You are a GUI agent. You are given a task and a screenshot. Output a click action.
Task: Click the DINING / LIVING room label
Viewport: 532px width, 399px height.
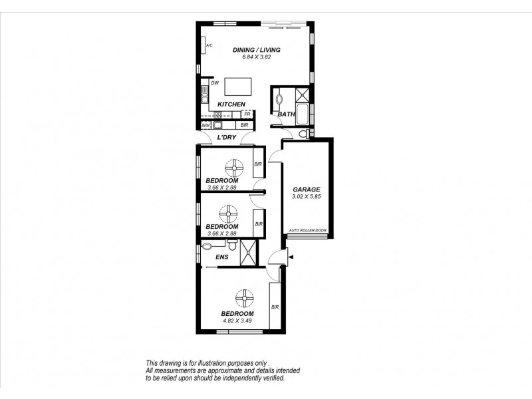(256, 50)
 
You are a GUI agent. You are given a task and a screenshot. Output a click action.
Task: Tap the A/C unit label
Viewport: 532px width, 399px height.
(209, 45)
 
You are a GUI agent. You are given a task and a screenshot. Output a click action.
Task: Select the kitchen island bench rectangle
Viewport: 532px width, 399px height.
(238, 87)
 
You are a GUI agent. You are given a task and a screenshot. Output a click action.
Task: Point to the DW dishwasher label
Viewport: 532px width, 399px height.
(215, 83)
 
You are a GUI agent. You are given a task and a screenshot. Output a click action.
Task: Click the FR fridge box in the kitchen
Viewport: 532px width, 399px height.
(246, 114)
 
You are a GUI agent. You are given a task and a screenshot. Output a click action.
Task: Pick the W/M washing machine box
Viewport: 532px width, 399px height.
(205, 125)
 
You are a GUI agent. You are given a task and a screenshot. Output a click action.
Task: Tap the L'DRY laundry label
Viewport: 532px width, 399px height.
(227, 138)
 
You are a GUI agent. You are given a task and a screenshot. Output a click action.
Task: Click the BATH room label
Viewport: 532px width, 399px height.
(286, 114)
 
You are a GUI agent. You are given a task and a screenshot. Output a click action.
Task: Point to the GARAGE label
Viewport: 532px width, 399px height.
(306, 190)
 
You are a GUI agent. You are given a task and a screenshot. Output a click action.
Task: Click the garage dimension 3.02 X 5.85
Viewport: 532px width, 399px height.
(306, 197)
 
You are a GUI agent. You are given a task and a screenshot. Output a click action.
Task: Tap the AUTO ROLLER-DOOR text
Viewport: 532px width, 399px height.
(307, 231)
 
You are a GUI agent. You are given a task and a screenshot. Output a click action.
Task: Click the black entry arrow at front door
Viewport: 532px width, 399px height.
(290, 258)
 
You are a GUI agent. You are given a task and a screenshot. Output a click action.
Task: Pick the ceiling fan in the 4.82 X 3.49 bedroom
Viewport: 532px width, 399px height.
(244, 297)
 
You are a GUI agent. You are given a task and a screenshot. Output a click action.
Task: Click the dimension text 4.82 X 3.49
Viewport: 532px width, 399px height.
(237, 321)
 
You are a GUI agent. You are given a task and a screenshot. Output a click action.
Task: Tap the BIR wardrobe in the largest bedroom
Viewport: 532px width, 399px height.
(274, 307)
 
